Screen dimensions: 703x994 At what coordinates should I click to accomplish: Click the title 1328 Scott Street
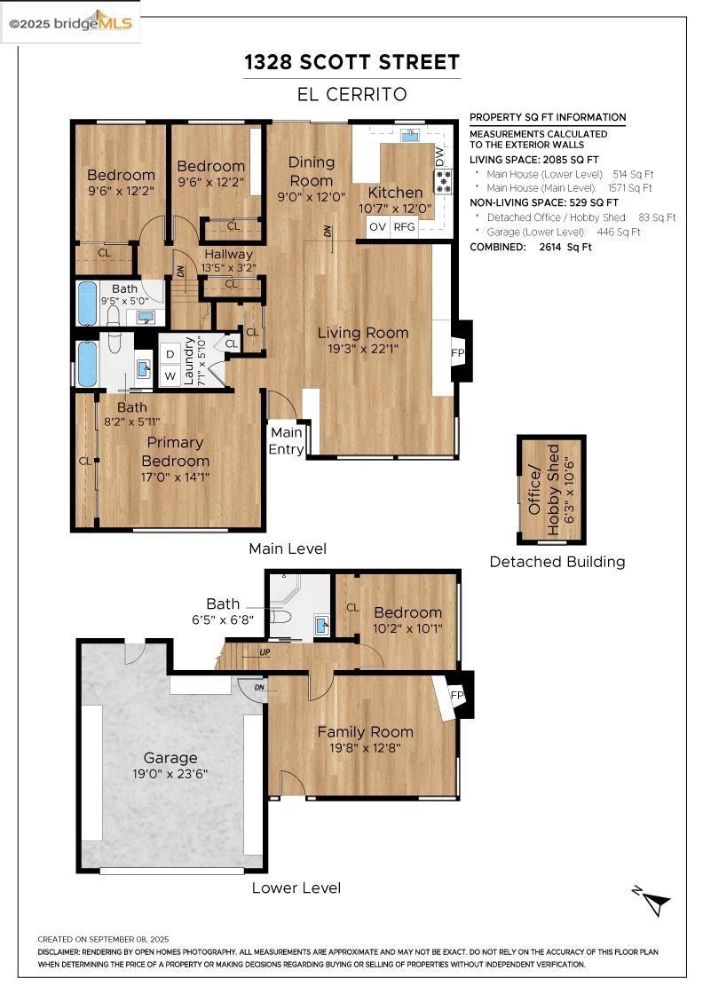[x=351, y=62]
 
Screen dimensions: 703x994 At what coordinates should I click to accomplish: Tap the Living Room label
[x=362, y=333]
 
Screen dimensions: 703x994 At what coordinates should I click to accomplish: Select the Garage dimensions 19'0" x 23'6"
[x=170, y=774]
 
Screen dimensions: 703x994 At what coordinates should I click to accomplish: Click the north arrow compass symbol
[x=652, y=900]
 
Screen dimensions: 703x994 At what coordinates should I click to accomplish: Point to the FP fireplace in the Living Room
[x=458, y=353]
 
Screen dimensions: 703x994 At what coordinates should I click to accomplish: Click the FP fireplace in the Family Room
[x=456, y=695]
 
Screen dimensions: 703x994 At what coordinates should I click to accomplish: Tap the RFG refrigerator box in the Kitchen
[x=405, y=227]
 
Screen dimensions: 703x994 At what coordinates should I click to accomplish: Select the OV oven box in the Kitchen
[x=378, y=227]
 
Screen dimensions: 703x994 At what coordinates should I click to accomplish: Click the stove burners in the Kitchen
[x=443, y=181]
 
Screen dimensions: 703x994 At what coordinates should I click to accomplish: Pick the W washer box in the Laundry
[x=170, y=376]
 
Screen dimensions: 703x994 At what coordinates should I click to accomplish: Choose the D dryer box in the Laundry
[x=170, y=354]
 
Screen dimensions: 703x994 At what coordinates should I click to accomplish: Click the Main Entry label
[x=286, y=440]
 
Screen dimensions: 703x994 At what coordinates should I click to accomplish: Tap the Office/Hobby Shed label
[x=544, y=489]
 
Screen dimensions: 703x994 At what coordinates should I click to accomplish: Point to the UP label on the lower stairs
[x=265, y=652]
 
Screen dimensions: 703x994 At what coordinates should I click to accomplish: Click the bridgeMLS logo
[x=70, y=23]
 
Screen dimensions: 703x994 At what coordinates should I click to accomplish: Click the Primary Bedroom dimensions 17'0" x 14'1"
[x=175, y=477]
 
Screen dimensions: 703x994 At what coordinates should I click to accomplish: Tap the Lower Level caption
[x=296, y=888]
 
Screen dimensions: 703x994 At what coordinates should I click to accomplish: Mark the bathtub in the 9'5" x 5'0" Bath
[x=88, y=303]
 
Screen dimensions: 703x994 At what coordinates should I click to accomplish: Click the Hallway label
[x=228, y=254]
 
